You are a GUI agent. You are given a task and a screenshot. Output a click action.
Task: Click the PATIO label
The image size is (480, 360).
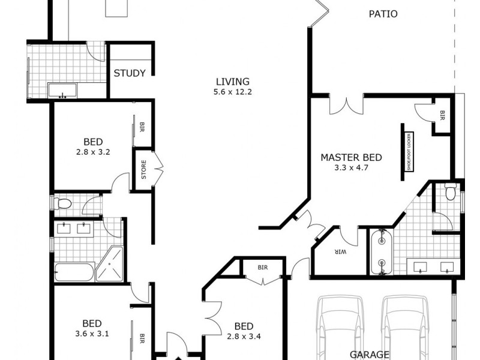pos(382,14)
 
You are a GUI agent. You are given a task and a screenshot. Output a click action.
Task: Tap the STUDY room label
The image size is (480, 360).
pos(130,74)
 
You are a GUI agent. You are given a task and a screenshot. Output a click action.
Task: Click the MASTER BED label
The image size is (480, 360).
pos(351,158)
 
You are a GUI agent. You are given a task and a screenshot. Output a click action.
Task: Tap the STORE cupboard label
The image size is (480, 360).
pos(143,170)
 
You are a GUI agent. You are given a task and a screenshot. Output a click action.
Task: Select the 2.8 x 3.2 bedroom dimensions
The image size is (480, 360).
pos(93,152)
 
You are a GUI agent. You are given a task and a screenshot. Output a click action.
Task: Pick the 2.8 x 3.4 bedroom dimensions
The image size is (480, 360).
pos(244,337)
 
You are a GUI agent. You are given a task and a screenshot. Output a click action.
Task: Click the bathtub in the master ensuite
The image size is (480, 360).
pos(381,251)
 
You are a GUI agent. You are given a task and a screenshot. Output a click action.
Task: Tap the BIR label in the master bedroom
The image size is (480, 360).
pos(443,113)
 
